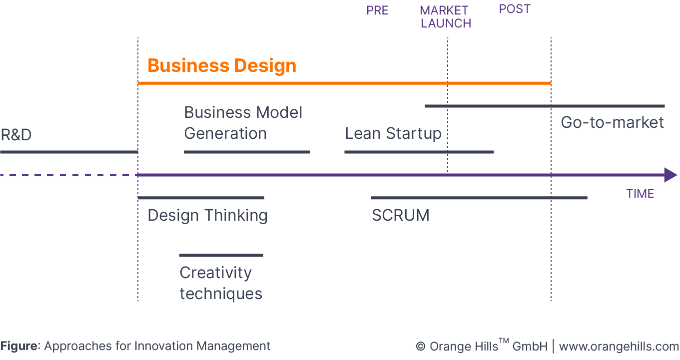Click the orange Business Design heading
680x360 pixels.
pos(222,66)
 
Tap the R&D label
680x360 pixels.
pos(16,135)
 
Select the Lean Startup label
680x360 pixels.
pos(393,134)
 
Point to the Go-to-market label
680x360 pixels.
pos(612,122)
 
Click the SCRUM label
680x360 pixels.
pos(400,216)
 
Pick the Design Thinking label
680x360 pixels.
pos(207,216)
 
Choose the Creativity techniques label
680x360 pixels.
pos(221,283)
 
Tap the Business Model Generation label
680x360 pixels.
pos(243,123)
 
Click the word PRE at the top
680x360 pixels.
pos(377,11)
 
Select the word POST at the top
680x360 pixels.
pos(515,9)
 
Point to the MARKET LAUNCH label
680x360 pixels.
pos(445,17)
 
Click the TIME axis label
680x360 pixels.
pos(640,194)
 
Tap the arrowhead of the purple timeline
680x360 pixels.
pos(671,175)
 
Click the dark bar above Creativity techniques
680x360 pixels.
pos(221,255)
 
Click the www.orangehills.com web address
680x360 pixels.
pos(619,347)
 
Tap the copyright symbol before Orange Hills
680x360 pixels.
pos(420,347)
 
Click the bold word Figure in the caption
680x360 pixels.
pos(19,346)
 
